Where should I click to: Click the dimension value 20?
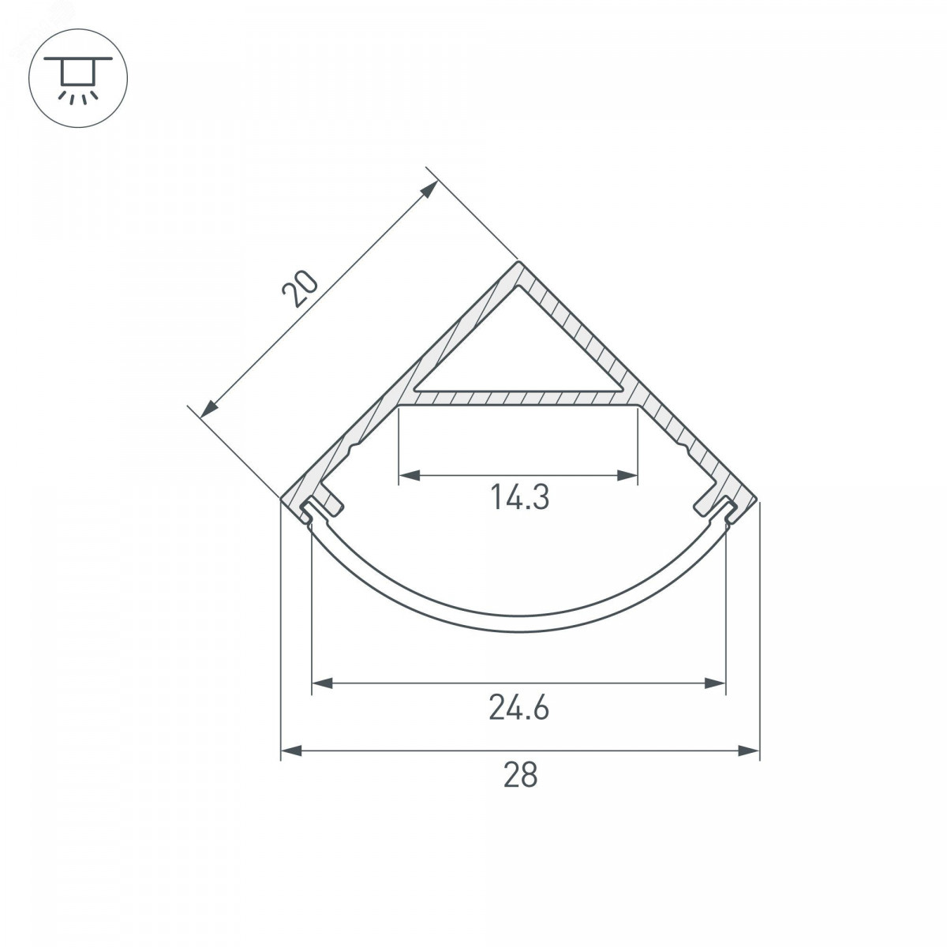[x=300, y=289]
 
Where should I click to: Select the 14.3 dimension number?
[x=519, y=497]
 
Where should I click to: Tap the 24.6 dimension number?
[x=519, y=707]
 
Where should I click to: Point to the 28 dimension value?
[x=520, y=775]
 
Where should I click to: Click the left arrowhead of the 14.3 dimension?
[x=410, y=475]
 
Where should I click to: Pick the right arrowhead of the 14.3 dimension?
[x=627, y=475]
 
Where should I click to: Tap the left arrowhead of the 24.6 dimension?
[x=323, y=683]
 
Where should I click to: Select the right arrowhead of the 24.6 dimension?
[x=714, y=683]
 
